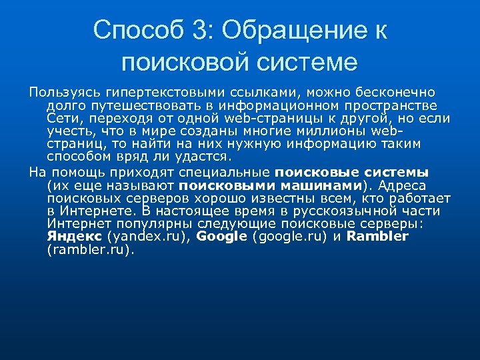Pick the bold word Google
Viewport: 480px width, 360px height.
tap(222, 237)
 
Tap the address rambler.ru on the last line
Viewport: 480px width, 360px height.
tap(89, 250)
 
